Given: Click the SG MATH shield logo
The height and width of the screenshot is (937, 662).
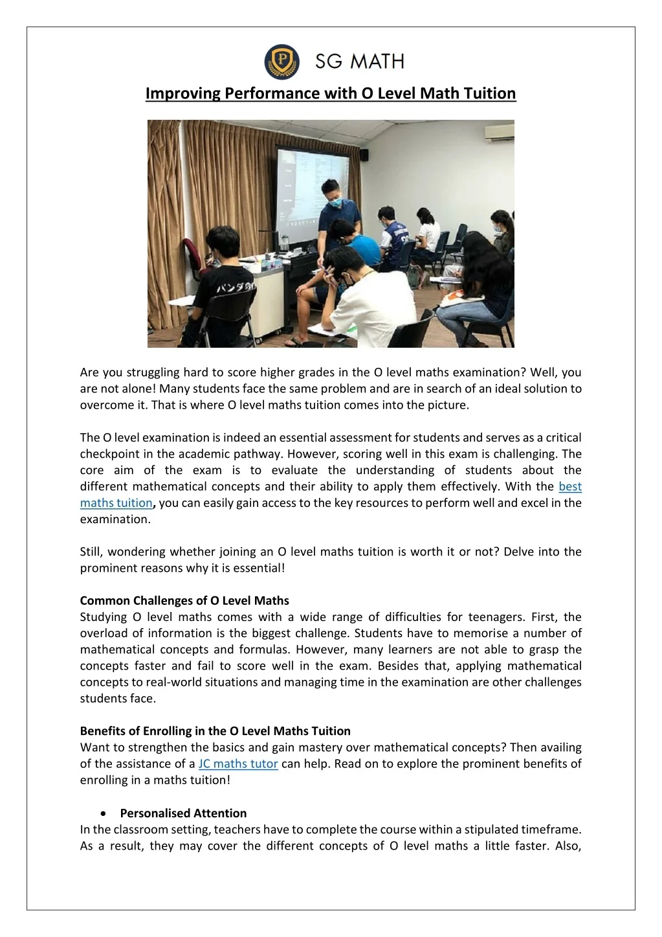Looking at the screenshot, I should coord(281,62).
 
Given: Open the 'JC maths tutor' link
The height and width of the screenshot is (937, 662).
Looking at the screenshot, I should coord(238,763).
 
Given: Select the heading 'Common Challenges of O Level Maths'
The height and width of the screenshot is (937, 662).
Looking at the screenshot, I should coord(184,600).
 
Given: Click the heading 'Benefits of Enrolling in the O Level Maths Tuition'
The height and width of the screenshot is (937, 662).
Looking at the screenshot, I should coord(215,731).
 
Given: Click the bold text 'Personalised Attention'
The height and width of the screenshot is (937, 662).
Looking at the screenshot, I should coord(183,813).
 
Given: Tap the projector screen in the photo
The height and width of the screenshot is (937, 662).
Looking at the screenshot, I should coord(314,188).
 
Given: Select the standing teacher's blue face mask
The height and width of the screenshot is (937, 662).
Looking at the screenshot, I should coord(334,202).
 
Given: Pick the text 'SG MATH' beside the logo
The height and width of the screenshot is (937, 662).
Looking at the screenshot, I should coord(359,62).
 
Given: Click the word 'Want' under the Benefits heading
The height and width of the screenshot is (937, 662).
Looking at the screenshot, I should coord(94,747).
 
